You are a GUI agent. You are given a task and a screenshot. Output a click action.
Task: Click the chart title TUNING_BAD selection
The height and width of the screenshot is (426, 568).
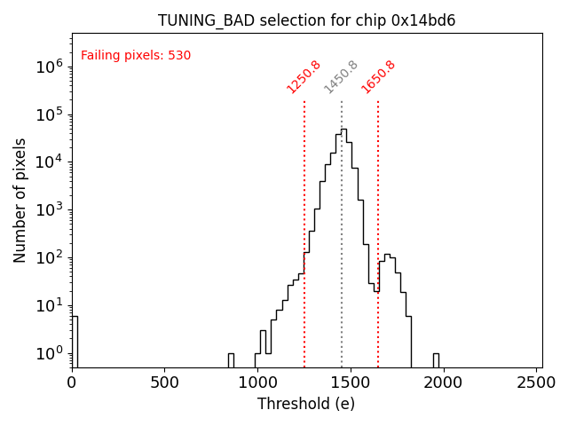(x=306, y=20)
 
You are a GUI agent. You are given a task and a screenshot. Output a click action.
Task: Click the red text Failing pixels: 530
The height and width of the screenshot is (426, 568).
(x=136, y=56)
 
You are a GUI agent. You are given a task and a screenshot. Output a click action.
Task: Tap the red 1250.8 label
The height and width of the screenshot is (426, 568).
(x=304, y=76)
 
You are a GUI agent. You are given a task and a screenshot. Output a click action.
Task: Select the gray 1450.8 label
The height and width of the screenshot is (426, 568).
(x=341, y=76)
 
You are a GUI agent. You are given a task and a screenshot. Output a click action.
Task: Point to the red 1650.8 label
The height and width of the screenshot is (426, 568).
(x=378, y=76)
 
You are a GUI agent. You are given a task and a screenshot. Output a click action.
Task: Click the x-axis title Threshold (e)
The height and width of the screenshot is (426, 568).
(x=306, y=404)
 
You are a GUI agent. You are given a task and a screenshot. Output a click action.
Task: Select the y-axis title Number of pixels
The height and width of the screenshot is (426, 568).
(x=20, y=200)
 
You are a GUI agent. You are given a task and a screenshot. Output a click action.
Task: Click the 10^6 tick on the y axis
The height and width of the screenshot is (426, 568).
(x=47, y=66)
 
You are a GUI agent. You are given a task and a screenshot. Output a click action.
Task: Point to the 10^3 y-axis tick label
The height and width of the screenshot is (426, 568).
(x=47, y=209)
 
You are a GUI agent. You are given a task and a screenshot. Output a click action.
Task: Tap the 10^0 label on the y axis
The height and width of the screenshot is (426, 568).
(x=47, y=353)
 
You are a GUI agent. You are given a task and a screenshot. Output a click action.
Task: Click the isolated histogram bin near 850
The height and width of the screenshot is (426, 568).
(x=231, y=359)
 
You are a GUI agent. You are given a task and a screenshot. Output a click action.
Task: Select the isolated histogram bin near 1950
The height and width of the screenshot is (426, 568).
(x=436, y=359)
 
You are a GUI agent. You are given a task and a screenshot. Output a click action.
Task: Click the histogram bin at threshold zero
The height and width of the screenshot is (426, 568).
(x=75, y=342)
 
